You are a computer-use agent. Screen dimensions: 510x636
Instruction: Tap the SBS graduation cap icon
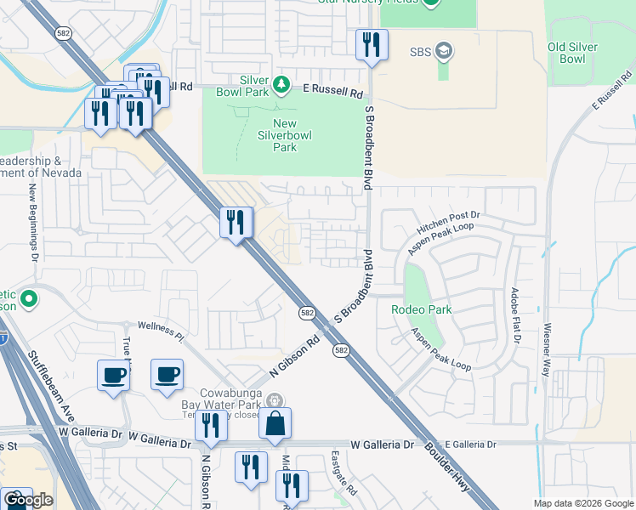442,52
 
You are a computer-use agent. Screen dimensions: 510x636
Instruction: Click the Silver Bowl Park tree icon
281,85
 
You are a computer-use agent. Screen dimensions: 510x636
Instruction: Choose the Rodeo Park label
421,309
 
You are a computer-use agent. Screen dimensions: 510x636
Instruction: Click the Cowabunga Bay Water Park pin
274,400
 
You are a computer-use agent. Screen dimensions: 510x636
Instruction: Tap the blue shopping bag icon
275,424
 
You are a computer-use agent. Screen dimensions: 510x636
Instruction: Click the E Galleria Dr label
469,445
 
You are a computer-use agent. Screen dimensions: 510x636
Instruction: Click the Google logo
28,500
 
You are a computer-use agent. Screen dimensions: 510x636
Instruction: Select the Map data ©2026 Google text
583,503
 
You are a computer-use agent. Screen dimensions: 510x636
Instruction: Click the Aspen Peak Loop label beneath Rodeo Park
441,350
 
